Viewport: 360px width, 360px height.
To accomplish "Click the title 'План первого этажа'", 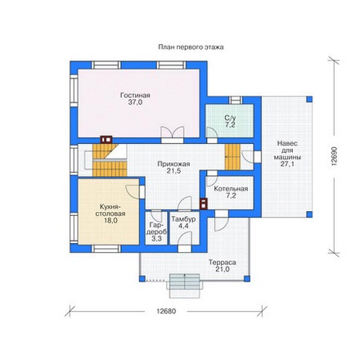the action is point(191,47).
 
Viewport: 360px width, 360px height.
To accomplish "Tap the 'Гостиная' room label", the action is point(135,95).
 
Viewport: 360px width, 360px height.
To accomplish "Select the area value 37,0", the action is point(135,102).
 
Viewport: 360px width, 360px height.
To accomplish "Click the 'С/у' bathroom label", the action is point(230,118).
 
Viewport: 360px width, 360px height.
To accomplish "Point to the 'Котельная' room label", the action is point(231,189).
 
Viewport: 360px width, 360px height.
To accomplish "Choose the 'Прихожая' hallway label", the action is point(173,164).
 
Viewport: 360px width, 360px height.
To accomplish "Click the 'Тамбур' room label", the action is point(183,219).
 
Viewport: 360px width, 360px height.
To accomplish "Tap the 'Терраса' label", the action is point(223,263).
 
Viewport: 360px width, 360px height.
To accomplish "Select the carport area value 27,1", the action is point(287,164).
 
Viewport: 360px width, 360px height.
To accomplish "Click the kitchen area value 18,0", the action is point(110,221).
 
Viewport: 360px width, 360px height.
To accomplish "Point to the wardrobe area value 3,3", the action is point(156,239).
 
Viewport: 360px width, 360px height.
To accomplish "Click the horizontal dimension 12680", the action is point(166,311).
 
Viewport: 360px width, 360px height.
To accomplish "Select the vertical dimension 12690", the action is point(334,156).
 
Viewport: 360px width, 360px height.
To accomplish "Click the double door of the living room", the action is point(172,134).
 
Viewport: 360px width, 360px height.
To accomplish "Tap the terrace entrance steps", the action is point(185,286).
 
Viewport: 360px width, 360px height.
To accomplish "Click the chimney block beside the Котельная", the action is point(204,204).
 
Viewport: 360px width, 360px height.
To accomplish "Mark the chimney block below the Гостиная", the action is point(106,140).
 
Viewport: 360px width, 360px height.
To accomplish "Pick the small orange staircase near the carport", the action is point(232,157).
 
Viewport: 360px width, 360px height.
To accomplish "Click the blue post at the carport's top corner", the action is point(309,99).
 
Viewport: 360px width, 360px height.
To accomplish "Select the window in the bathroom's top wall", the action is point(236,100).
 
